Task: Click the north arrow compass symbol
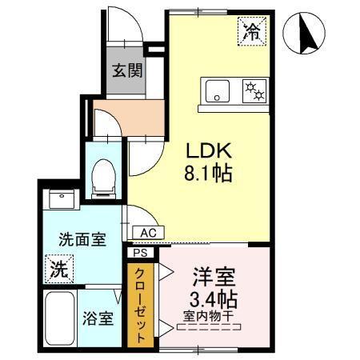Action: tap(306, 36)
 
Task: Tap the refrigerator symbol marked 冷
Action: tap(251, 33)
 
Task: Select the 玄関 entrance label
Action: tap(126, 70)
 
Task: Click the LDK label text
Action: tap(210, 150)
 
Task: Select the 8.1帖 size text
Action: tap(210, 172)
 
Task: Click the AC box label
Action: tap(147, 233)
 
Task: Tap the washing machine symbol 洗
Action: tap(58, 269)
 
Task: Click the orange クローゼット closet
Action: tap(141, 305)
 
